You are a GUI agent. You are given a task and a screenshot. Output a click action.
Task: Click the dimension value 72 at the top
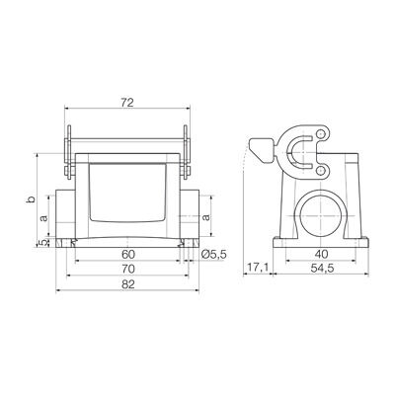click(126, 102)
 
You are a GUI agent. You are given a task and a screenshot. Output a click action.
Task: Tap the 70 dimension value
click(126, 269)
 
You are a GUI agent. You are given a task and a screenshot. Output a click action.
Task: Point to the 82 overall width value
click(126, 284)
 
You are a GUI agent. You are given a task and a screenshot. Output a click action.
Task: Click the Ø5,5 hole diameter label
click(213, 255)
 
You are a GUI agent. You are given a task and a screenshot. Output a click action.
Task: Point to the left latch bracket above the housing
click(70, 138)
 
